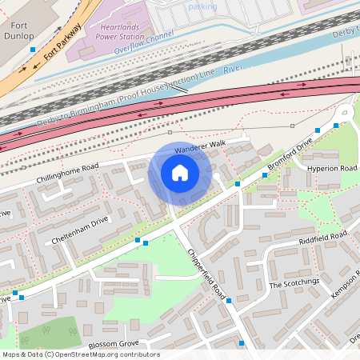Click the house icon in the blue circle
coord(180,173)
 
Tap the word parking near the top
coord(202,6)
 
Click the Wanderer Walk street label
coord(200,146)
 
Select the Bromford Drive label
coord(289,158)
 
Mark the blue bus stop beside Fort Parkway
coord(32,50)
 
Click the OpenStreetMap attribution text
coord(80,354)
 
